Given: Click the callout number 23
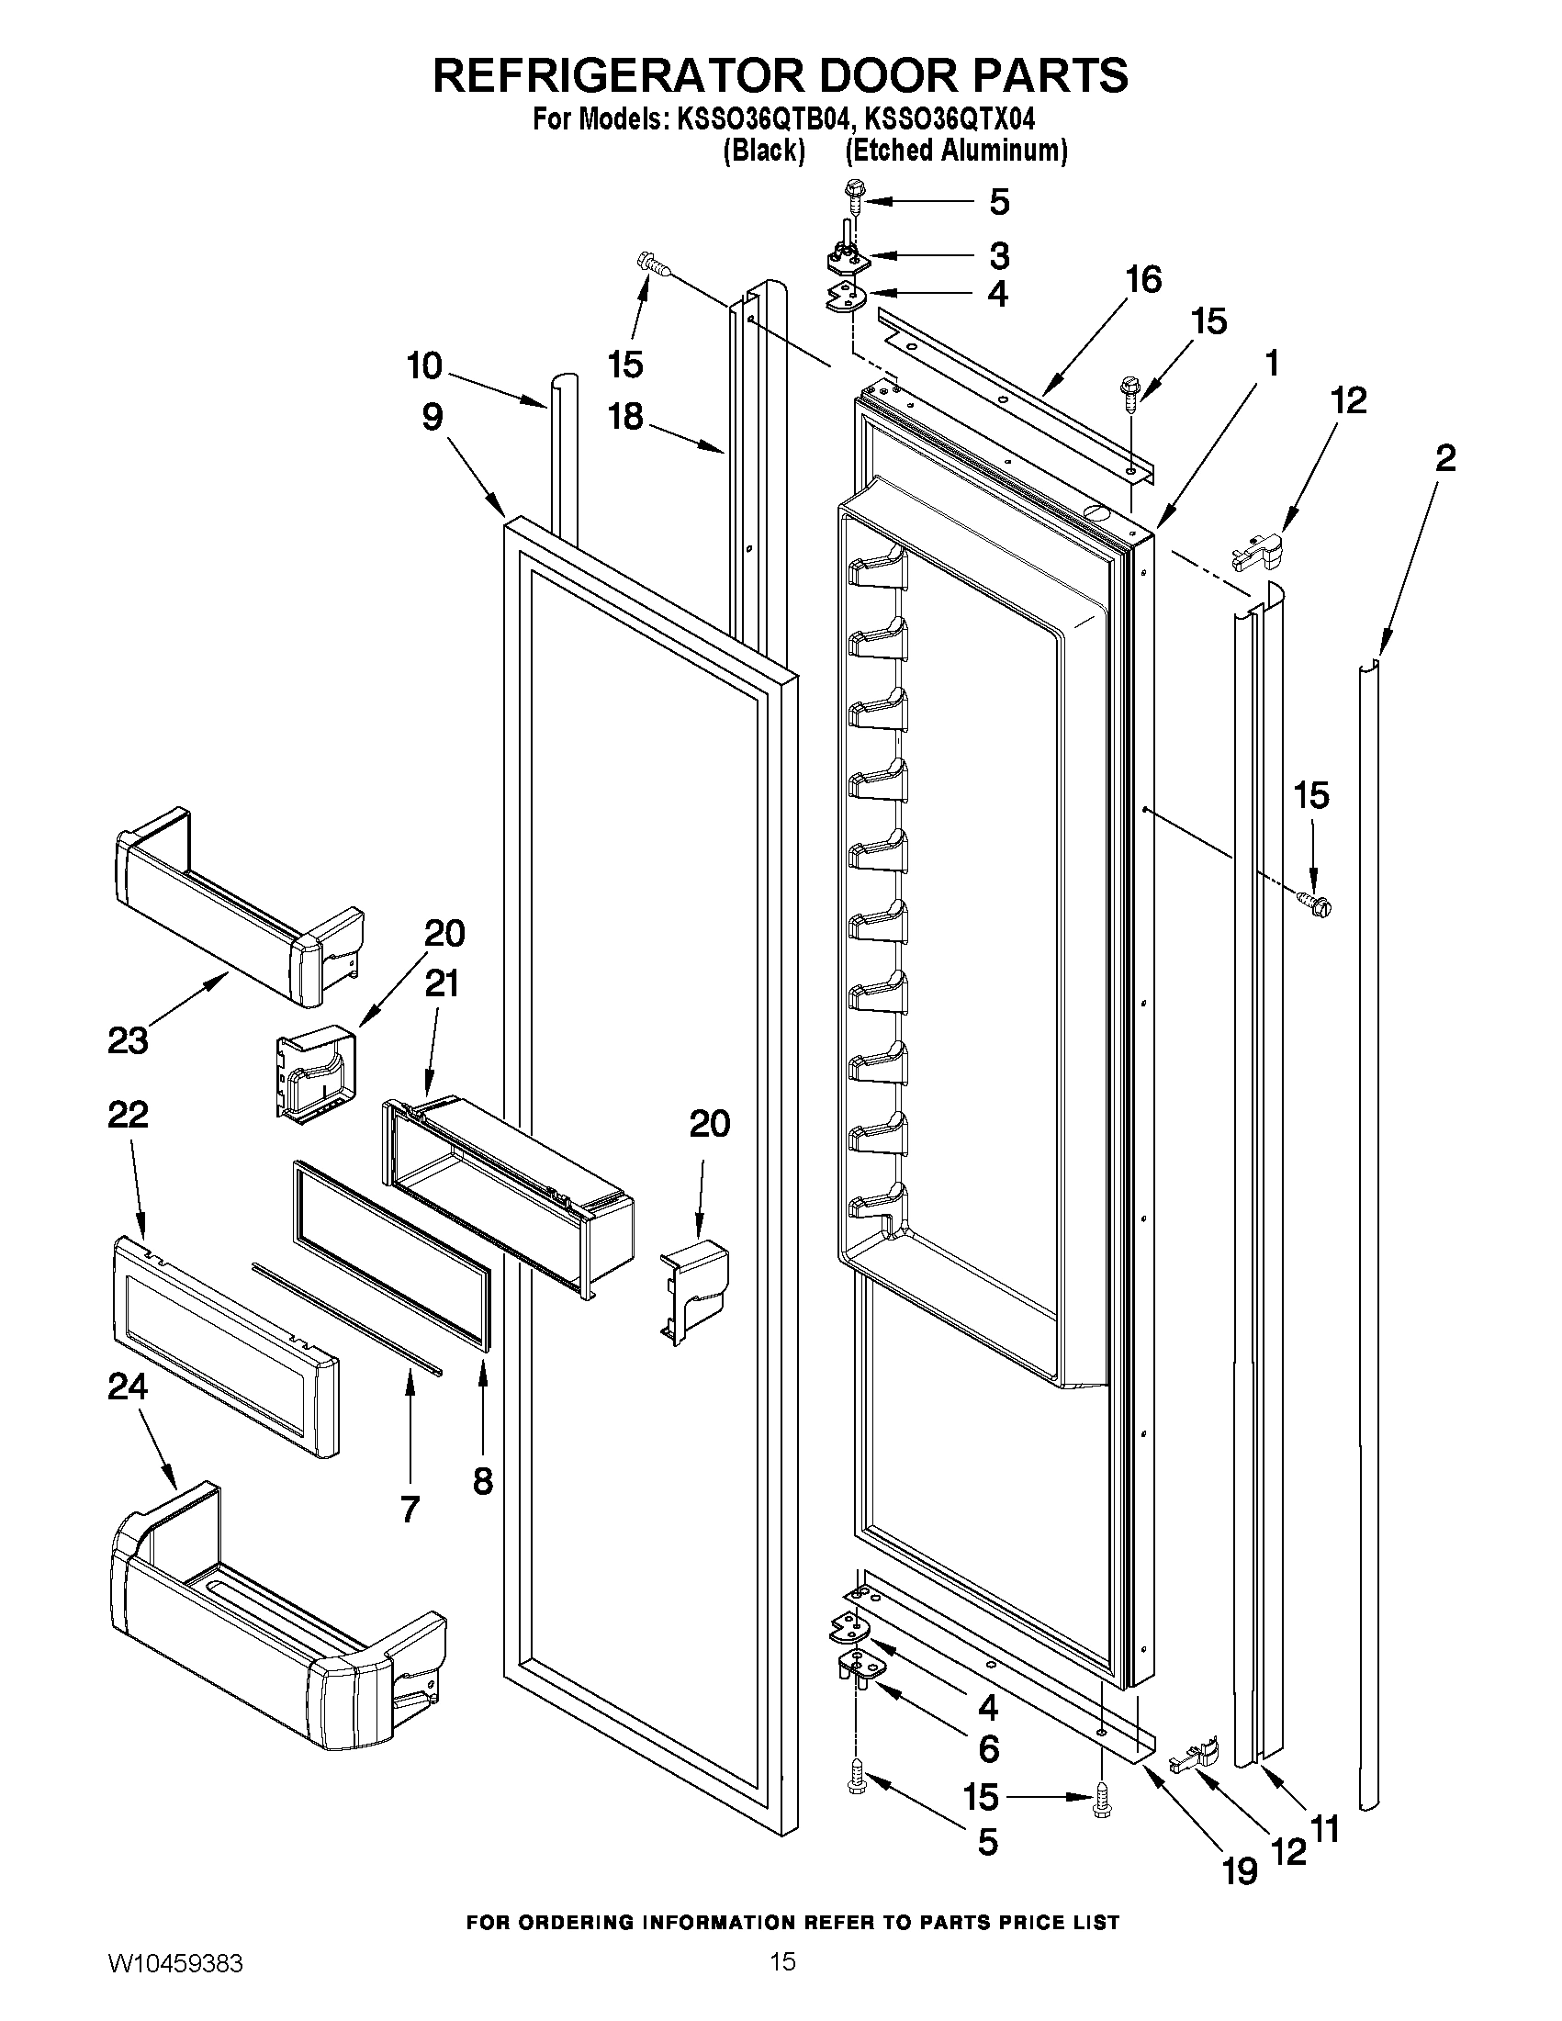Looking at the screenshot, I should point(128,1040).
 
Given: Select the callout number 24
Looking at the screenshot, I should point(128,1386).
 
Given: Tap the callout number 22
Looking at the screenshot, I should point(128,1114).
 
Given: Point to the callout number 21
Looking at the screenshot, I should point(442,982).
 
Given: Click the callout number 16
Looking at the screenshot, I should point(1144,278).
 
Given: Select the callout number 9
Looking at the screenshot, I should point(433,418).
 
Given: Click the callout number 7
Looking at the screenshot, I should point(410,1510).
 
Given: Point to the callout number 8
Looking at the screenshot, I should point(483,1481).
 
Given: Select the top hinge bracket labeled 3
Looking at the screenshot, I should point(848,260).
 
